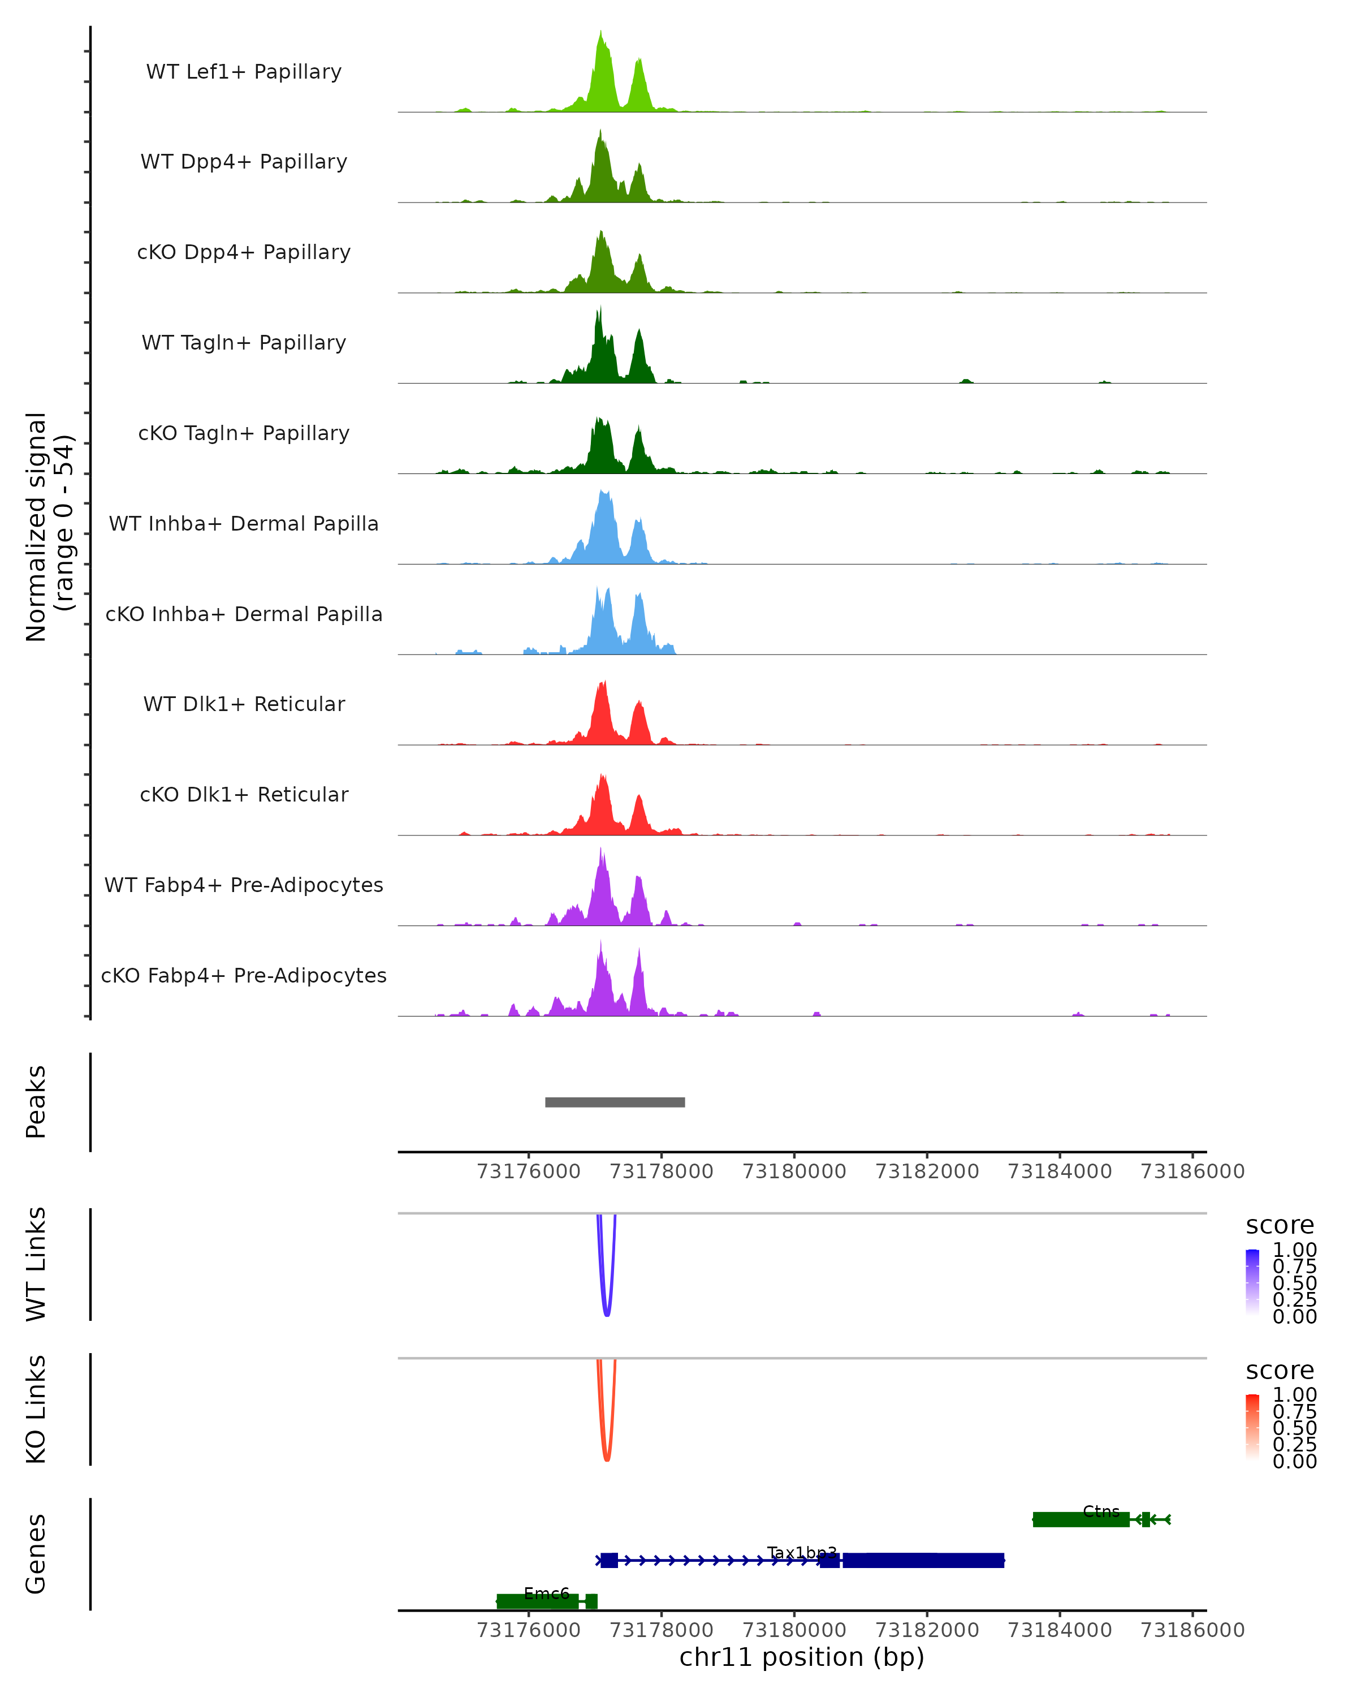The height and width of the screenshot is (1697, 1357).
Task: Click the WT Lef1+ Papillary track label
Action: tap(244, 72)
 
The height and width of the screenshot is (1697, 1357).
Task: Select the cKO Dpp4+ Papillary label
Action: tap(244, 253)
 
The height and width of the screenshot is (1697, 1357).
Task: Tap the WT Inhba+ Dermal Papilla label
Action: tap(244, 524)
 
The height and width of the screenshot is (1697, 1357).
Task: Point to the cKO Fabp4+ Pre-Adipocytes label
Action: tap(244, 976)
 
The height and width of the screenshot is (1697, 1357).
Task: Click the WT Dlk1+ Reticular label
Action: tap(244, 704)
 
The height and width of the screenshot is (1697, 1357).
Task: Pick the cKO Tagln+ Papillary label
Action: tap(244, 434)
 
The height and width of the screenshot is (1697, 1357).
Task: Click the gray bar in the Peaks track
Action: tap(615, 1102)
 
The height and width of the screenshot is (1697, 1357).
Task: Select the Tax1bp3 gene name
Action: tap(802, 1552)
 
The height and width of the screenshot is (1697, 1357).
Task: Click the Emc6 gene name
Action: tap(546, 1593)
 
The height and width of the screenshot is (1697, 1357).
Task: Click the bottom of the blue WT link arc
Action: tap(607, 1315)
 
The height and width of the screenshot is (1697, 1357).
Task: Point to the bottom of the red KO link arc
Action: tap(607, 1459)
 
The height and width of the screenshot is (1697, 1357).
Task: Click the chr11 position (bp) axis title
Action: tap(802, 1657)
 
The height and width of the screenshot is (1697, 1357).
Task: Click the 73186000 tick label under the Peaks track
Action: tap(1192, 1171)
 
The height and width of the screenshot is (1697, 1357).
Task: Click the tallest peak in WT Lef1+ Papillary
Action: tap(601, 33)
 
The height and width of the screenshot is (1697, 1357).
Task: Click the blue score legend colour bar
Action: tap(1252, 1281)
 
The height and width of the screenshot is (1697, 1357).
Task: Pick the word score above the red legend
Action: tap(1280, 1371)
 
